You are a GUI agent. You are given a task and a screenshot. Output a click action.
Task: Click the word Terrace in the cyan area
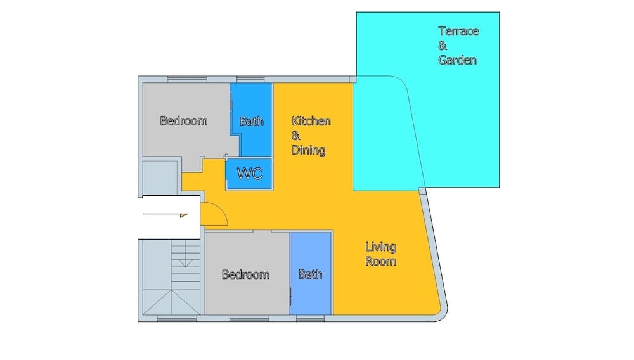pyautogui.click(x=458, y=31)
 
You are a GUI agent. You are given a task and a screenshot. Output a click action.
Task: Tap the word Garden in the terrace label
pyautogui.click(x=457, y=61)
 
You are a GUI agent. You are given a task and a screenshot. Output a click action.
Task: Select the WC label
pyautogui.click(x=249, y=174)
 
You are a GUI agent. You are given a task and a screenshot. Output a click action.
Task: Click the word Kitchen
pyautogui.click(x=311, y=121)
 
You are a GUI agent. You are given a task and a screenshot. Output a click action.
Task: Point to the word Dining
pyautogui.click(x=308, y=150)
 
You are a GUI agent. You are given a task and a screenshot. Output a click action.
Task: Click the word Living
pyautogui.click(x=380, y=247)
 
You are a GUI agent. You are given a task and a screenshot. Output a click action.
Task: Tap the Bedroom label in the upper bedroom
pyautogui.click(x=183, y=120)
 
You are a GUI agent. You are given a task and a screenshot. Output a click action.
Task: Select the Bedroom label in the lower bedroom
pyautogui.click(x=245, y=274)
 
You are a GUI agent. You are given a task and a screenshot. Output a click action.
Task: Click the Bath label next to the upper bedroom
pyautogui.click(x=251, y=121)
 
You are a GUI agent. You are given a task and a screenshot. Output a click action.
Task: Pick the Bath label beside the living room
pyautogui.click(x=310, y=274)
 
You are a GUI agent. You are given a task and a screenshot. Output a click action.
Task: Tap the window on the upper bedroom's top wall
pyautogui.click(x=187, y=79)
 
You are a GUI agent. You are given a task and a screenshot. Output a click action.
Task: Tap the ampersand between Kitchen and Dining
pyautogui.click(x=295, y=136)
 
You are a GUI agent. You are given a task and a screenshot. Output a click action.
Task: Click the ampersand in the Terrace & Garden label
pyautogui.click(x=442, y=46)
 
